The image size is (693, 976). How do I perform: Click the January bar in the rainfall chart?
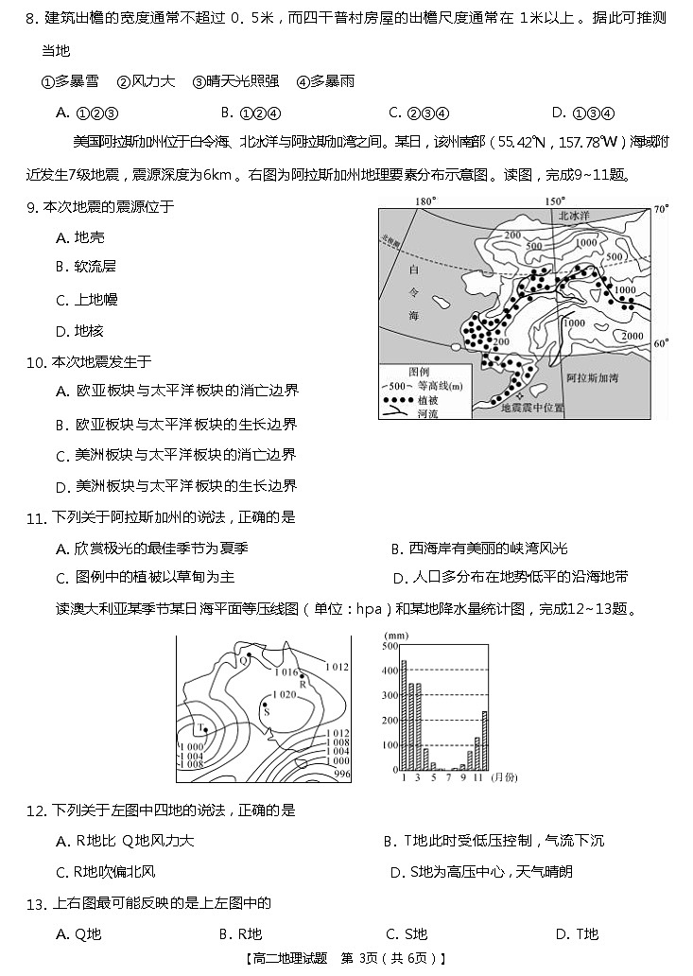pos(404,715)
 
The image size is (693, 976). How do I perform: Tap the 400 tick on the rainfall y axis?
pos(390,671)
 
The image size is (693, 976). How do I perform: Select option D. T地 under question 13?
pos(576,934)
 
